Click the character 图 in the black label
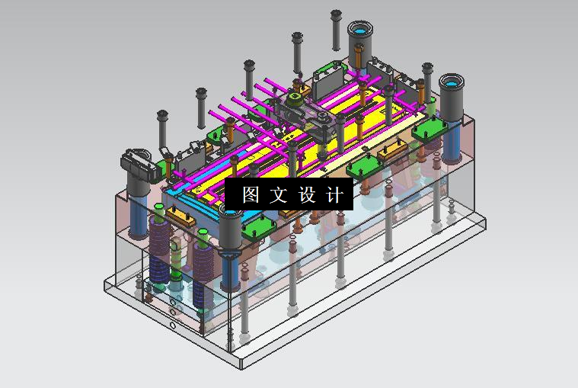tap(251, 194)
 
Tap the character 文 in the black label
tap(278, 194)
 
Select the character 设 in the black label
tap(307, 194)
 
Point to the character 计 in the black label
tap(334, 194)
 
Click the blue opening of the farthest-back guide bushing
tap(360, 30)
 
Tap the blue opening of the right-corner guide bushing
tap(451, 82)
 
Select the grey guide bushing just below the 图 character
tap(230, 228)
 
